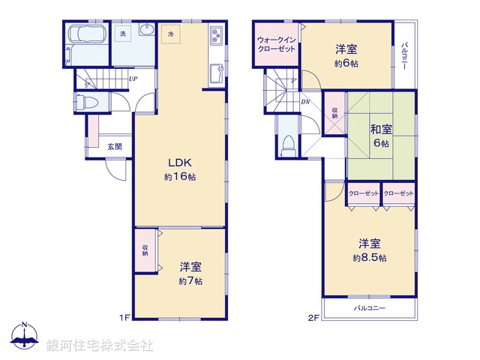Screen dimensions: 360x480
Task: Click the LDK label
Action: pyautogui.click(x=181, y=163)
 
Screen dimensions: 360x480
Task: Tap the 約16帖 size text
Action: pyautogui.click(x=181, y=177)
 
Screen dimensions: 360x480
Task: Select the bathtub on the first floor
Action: pyautogui.click(x=88, y=36)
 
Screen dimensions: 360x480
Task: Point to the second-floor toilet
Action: pyautogui.click(x=287, y=145)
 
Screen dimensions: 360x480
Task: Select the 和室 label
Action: pyautogui.click(x=379, y=129)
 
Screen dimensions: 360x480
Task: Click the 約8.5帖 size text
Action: pyautogui.click(x=371, y=258)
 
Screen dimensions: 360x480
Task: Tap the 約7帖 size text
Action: pyautogui.click(x=190, y=281)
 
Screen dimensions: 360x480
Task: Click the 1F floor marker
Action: pyautogui.click(x=124, y=318)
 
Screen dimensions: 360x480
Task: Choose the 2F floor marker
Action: pyautogui.click(x=313, y=318)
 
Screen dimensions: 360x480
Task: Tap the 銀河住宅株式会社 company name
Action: pyautogui.click(x=99, y=346)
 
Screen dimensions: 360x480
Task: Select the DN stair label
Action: pyautogui.click(x=306, y=101)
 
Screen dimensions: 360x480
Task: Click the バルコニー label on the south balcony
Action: pyautogui.click(x=368, y=308)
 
